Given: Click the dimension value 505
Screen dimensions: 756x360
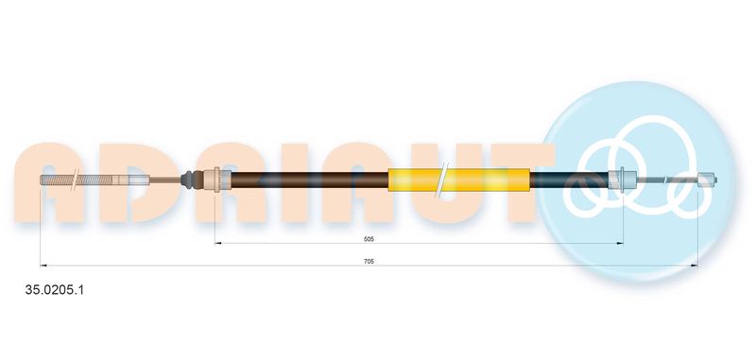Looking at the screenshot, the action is point(369,238).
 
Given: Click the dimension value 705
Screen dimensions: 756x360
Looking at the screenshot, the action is point(369,261).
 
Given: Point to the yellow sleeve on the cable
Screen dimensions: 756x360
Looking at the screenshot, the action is point(458,180).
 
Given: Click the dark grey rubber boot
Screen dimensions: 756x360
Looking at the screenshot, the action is point(189,180).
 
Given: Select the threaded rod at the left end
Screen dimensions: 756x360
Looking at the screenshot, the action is point(77,180).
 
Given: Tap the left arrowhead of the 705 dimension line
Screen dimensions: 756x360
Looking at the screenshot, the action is point(43,266).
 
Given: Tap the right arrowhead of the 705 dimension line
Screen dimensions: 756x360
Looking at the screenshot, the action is point(695,266).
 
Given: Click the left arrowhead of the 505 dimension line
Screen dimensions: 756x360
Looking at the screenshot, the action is point(218,244).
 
